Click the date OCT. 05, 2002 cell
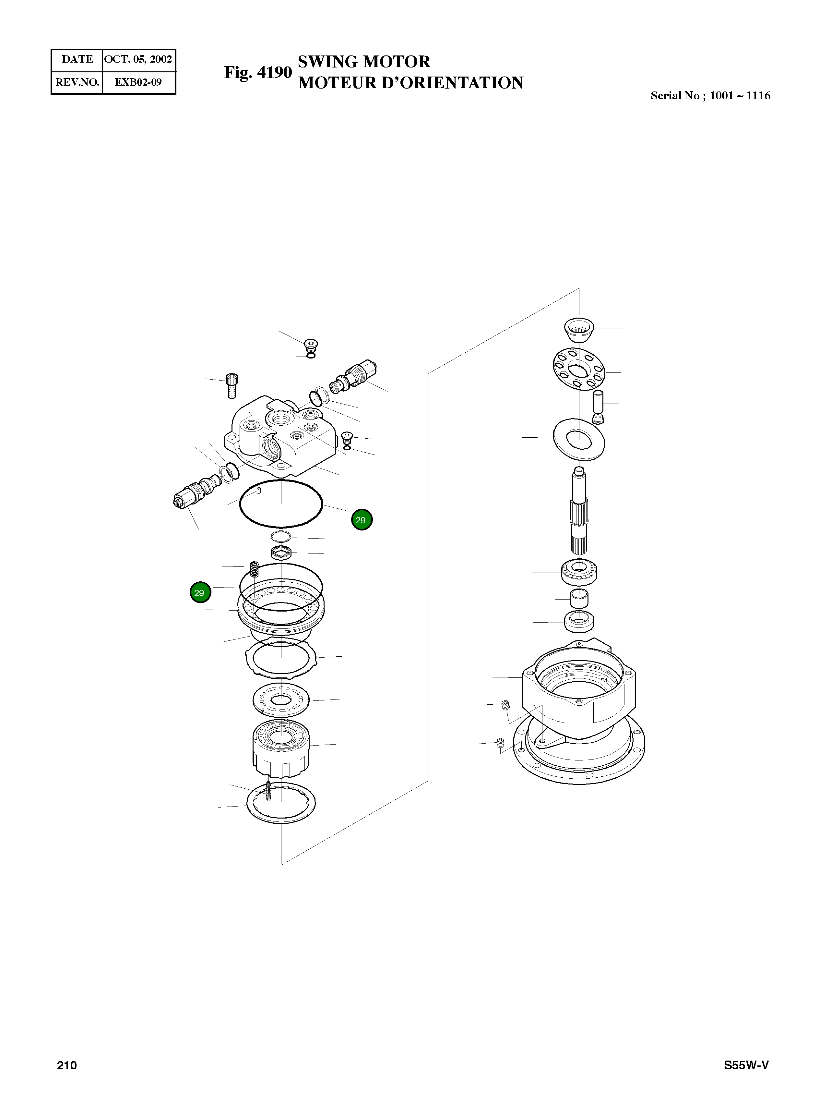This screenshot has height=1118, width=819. (138, 59)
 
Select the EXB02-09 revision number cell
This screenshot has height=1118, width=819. (138, 82)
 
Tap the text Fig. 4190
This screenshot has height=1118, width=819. (258, 72)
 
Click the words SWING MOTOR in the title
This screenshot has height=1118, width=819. (363, 62)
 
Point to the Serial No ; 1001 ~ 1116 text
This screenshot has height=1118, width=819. (710, 96)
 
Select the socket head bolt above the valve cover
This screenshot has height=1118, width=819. (231, 385)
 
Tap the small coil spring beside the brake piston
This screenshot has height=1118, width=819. (254, 569)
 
